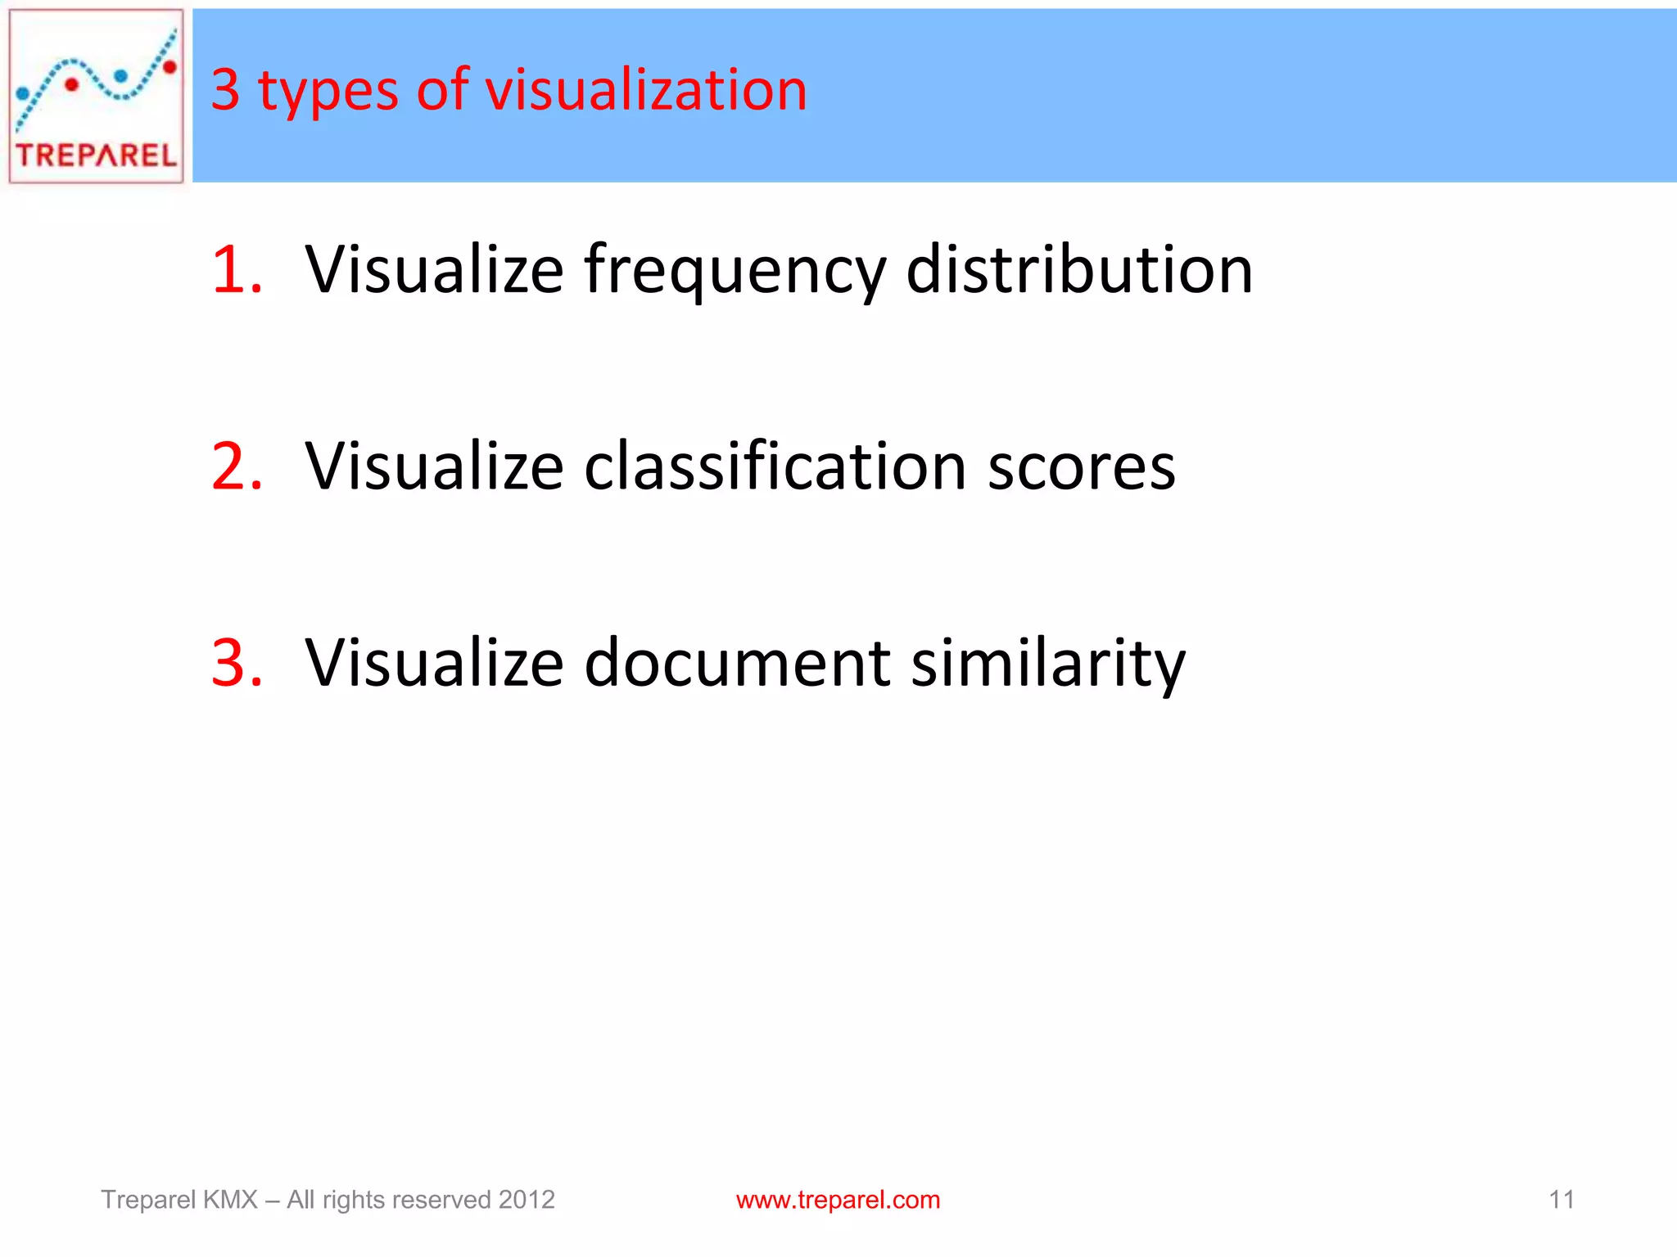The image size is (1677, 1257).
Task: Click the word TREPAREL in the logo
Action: (x=96, y=155)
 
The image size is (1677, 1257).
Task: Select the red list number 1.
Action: (x=236, y=269)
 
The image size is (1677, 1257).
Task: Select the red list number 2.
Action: (x=237, y=466)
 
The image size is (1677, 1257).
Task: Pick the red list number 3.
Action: (x=237, y=662)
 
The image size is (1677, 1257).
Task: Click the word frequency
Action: (x=735, y=272)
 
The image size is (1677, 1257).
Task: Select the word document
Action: (x=737, y=662)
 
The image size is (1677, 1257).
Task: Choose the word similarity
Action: (x=1048, y=665)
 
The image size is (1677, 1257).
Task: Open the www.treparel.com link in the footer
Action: (x=838, y=1200)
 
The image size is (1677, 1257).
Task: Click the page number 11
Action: (x=1562, y=1200)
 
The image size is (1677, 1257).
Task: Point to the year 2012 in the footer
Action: (x=527, y=1200)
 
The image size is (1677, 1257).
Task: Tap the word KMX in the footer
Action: (x=230, y=1200)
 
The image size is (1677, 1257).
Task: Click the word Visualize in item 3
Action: (x=434, y=662)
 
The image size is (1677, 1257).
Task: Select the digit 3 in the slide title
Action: (x=225, y=89)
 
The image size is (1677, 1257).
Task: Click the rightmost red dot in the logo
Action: (x=170, y=67)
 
